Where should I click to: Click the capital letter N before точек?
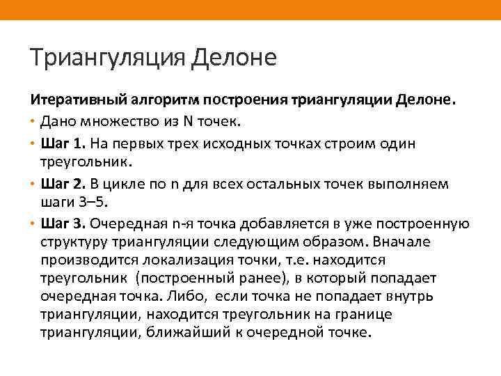[187, 122]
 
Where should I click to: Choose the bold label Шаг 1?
[65, 143]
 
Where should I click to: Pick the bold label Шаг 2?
[65, 184]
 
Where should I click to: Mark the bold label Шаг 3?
[65, 224]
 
